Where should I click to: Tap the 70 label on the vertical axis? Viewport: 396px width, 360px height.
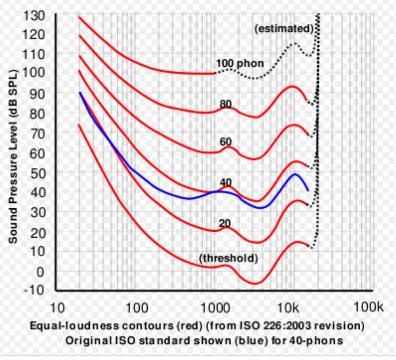tap(37, 133)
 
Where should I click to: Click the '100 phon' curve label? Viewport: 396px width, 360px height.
tap(240, 63)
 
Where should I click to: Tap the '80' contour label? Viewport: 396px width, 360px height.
tap(226, 104)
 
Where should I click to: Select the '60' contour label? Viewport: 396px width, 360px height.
tap(226, 142)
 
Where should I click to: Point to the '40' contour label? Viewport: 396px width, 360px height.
tap(226, 182)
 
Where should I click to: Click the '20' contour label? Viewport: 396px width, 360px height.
tap(225, 223)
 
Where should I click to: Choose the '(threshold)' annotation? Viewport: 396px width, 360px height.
tap(228, 258)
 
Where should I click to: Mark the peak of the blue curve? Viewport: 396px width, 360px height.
tap(295, 174)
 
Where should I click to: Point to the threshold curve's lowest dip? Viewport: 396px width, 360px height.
tap(255, 283)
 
